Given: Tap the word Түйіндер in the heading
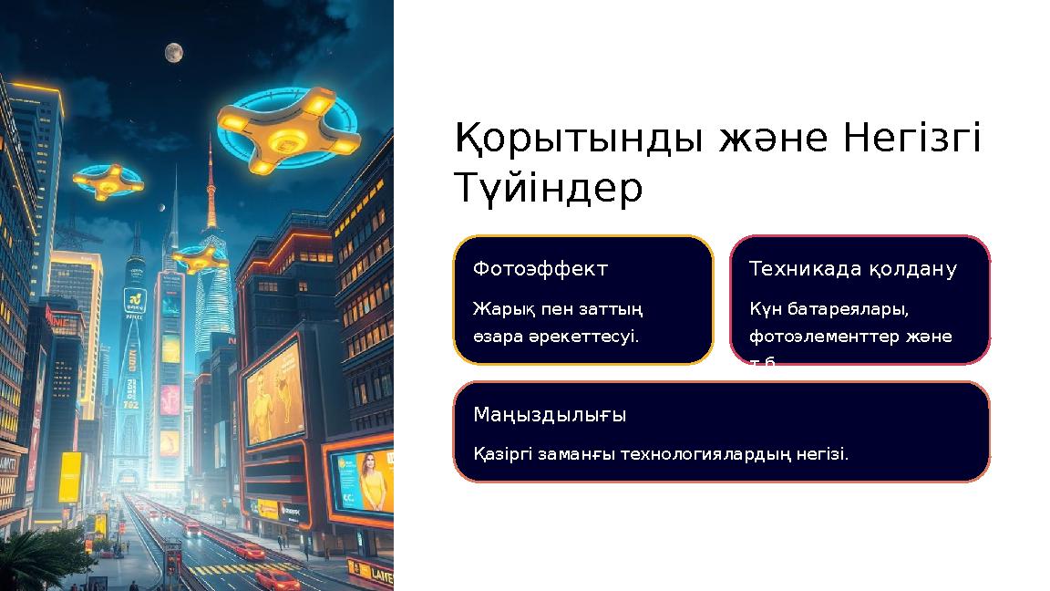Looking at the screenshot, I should pos(548,189).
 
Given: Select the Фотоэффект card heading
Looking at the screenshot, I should pos(540,269).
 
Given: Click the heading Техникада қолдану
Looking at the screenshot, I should pos(852,269).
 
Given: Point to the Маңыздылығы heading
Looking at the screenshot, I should pos(550,415).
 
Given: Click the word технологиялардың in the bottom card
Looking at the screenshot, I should pos(708,453).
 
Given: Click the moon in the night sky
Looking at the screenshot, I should pos(173,53).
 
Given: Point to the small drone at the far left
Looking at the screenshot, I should pos(108,181).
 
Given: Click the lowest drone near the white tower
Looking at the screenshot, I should pos(200,260).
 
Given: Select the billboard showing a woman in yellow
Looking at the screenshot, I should pos(362,481).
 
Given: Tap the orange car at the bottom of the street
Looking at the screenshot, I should pos(276,579).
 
